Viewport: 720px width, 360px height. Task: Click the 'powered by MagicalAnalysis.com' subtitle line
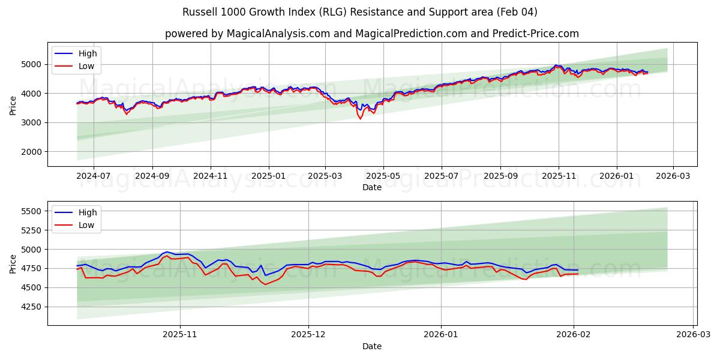[x=371, y=34]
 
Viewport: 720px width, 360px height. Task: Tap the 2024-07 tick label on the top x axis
[x=94, y=176]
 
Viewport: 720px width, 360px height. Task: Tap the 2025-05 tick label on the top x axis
[x=383, y=176]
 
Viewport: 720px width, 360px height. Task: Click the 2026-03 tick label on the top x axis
[x=673, y=176]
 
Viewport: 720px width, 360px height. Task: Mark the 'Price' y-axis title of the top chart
[x=13, y=105]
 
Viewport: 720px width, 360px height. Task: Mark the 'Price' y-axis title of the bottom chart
[x=13, y=263]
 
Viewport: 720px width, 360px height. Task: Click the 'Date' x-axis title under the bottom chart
[x=371, y=346]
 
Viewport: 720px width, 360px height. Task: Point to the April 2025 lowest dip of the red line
[x=361, y=119]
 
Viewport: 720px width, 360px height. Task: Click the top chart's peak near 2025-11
[x=557, y=65]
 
